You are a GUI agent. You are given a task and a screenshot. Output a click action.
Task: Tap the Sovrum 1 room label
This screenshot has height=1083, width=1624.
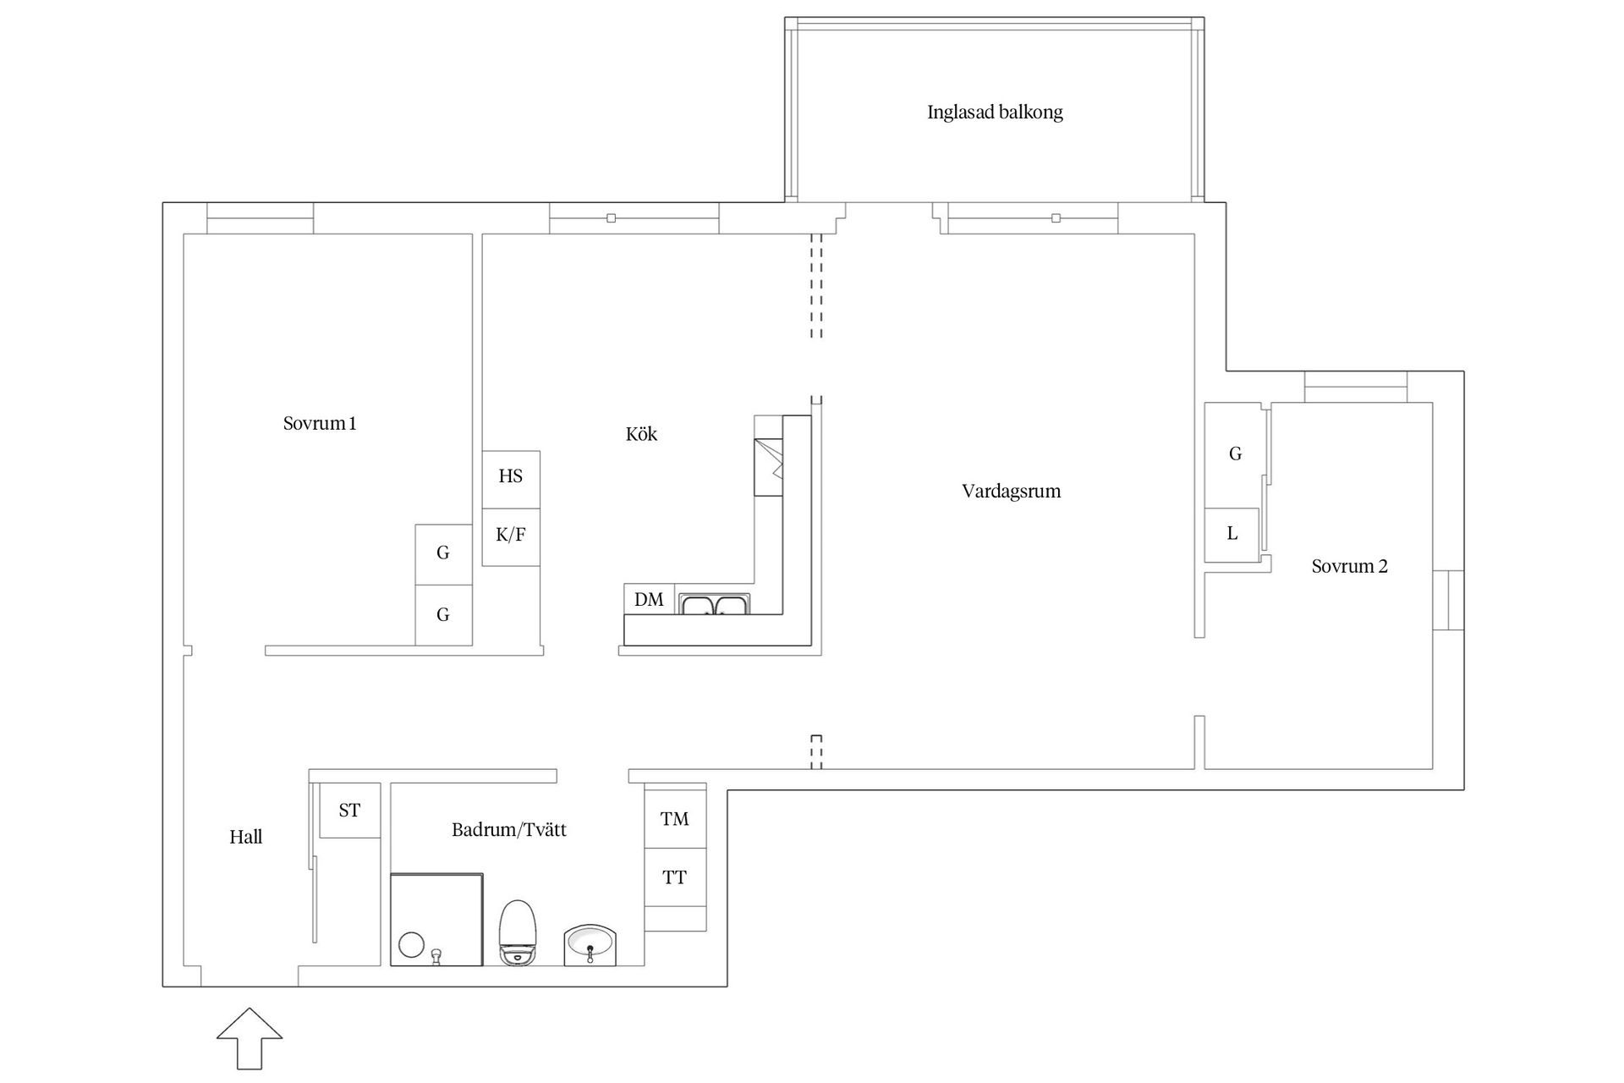pyautogui.click(x=320, y=423)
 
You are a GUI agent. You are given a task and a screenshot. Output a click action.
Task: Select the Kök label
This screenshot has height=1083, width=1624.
pyautogui.click(x=641, y=434)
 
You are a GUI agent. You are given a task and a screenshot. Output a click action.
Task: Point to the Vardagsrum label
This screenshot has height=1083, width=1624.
pyautogui.click(x=1011, y=492)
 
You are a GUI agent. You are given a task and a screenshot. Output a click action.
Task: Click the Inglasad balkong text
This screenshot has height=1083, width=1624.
pyautogui.click(x=995, y=113)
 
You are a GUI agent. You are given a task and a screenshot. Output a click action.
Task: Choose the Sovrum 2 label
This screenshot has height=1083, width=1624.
pyautogui.click(x=1349, y=567)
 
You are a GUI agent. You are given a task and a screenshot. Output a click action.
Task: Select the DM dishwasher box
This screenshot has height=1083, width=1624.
pyautogui.click(x=649, y=599)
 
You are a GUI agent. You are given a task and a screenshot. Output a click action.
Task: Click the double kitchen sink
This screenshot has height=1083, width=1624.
pyautogui.click(x=715, y=604)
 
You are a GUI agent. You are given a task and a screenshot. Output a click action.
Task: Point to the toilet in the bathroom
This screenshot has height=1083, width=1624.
pyautogui.click(x=518, y=932)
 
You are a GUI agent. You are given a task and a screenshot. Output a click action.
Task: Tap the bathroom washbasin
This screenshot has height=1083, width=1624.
pyautogui.click(x=590, y=944)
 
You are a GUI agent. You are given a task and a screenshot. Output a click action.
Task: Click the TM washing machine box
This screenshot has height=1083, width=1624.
pyautogui.click(x=675, y=818)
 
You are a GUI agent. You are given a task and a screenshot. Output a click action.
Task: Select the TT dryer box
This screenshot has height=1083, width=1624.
pyautogui.click(x=675, y=877)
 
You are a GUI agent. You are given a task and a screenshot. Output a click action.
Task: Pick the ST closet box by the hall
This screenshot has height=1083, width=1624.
pyautogui.click(x=349, y=811)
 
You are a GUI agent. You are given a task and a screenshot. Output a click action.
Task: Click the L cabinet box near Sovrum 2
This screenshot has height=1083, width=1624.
pyautogui.click(x=1232, y=534)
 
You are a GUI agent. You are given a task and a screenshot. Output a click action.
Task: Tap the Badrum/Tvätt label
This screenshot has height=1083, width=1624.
pyautogui.click(x=508, y=830)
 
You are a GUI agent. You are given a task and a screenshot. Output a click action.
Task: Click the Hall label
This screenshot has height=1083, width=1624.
pyautogui.click(x=245, y=838)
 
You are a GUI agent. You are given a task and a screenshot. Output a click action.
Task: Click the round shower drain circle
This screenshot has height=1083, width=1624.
pyautogui.click(x=411, y=944)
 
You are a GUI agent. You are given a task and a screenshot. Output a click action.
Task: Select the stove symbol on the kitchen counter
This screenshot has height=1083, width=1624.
pyautogui.click(x=769, y=467)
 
